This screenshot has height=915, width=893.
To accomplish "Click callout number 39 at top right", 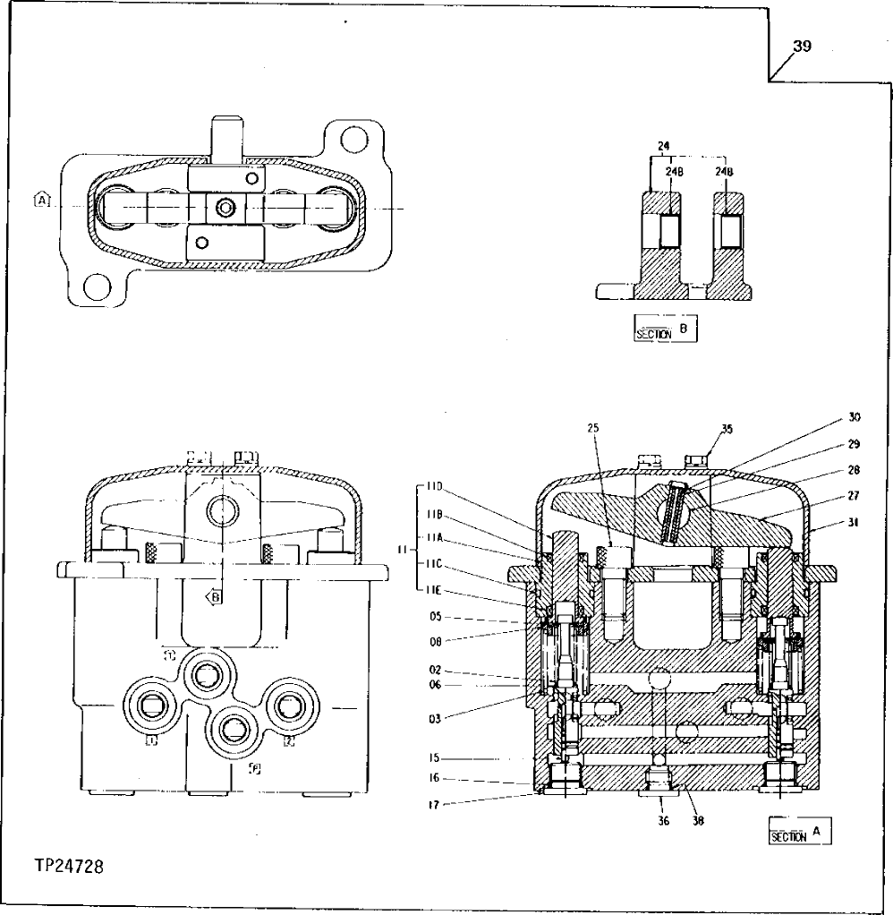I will [802, 47].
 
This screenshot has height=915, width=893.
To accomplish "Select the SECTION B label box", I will [664, 329].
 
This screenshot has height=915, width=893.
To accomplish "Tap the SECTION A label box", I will [799, 833].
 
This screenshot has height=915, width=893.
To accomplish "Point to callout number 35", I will [726, 429].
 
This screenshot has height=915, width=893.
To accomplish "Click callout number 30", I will [854, 417].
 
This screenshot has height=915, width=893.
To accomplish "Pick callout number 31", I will [853, 524].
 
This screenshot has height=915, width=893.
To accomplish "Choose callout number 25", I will [592, 428].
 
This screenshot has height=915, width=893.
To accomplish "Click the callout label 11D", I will [436, 486].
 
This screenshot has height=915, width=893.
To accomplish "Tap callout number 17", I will [435, 802].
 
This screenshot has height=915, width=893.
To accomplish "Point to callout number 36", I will [664, 819].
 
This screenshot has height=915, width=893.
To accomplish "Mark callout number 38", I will [697, 819].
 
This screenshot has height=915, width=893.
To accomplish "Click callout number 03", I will [435, 719].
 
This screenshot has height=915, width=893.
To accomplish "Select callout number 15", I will [435, 758].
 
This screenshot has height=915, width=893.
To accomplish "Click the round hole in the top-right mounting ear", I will [356, 139].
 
